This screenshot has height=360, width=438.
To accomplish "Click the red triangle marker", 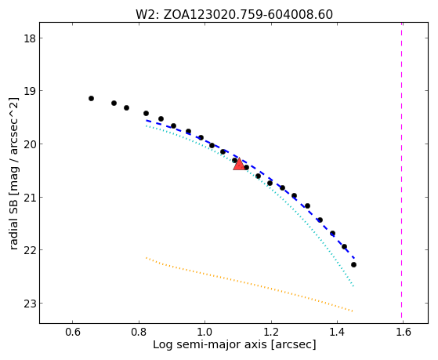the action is click(x=239, y=165).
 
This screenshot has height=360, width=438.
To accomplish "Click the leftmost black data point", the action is click(x=91, y=99).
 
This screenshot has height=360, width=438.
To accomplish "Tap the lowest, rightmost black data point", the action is click(x=353, y=264).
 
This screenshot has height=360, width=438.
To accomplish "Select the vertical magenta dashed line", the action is click(x=402, y=170).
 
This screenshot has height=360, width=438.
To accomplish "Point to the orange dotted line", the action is click(x=249, y=284).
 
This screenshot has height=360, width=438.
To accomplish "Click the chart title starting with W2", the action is click(x=234, y=14).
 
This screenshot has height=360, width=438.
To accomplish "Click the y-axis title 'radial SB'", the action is click(x=14, y=173).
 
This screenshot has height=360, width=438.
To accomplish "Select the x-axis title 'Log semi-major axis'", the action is click(x=234, y=344).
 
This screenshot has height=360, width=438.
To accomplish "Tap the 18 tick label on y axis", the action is click(x=30, y=38).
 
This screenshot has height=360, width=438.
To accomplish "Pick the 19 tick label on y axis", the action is click(x=30, y=91).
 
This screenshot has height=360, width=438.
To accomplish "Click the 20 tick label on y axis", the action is click(x=30, y=144).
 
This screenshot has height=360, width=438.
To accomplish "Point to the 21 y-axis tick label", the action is click(x=30, y=197).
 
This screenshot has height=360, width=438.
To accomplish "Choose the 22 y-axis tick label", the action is click(x=30, y=249).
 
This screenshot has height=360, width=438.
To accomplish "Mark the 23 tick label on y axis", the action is click(x=30, y=303).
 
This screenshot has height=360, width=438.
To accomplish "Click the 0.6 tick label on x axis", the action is click(x=73, y=332).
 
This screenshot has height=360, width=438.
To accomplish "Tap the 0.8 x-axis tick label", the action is click(x=139, y=332).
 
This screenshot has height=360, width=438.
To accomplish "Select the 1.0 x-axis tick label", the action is click(x=205, y=332).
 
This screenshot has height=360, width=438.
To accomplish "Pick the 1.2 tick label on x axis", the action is click(x=271, y=332).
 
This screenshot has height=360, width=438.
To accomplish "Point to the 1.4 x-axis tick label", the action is click(x=337, y=332).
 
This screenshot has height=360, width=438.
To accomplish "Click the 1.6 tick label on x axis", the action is click(x=404, y=332).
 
